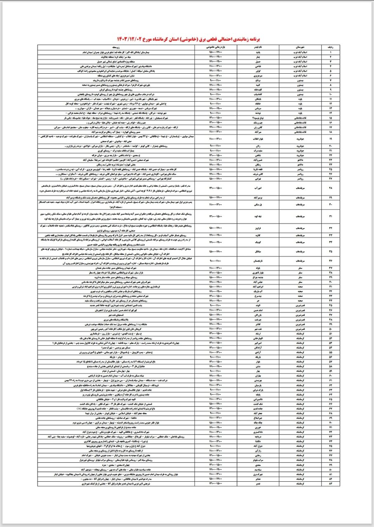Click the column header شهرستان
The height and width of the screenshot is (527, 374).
point(300,48)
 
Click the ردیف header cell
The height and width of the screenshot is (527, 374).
point(330,48)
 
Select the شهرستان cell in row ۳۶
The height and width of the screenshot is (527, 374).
point(300,260)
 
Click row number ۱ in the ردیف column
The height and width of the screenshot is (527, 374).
point(330,53)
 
